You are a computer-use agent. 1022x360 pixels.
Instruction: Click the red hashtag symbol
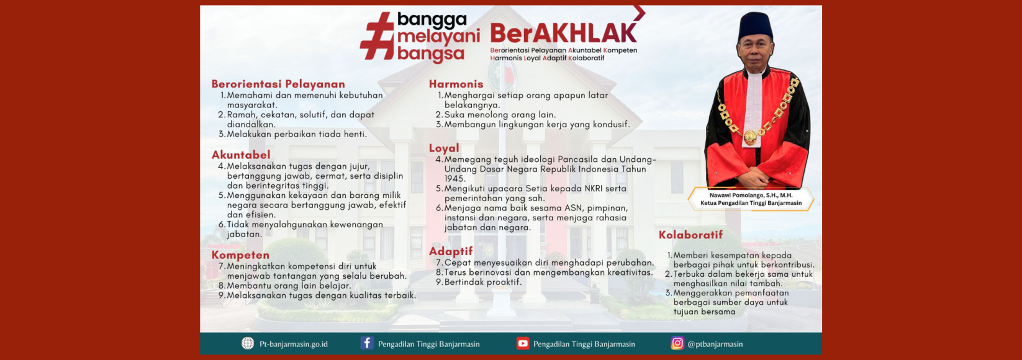[x=377, y=36]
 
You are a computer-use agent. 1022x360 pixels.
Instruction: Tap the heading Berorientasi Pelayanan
[x=278, y=84]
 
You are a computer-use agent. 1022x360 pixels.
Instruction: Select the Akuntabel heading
[x=241, y=155]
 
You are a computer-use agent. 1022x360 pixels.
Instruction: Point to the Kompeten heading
[x=240, y=255]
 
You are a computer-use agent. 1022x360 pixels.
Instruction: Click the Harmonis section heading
[x=456, y=84]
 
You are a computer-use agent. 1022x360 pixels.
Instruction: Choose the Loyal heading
[x=444, y=148]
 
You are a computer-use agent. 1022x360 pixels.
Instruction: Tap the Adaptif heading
[x=451, y=251]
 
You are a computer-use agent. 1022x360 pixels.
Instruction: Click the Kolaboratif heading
[x=690, y=235]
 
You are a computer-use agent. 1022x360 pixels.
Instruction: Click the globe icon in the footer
[x=248, y=344]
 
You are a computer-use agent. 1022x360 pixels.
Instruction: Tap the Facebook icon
[x=367, y=343]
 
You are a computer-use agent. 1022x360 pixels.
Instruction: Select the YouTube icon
[x=522, y=343]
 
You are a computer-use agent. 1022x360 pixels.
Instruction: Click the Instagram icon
[x=677, y=343]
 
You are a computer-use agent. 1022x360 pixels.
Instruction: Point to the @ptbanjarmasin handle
[x=715, y=344]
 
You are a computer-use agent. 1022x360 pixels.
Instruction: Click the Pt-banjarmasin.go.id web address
[x=293, y=344]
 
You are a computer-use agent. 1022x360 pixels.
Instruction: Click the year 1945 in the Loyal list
[x=455, y=179]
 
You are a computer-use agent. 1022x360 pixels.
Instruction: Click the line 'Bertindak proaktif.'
[x=482, y=282]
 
